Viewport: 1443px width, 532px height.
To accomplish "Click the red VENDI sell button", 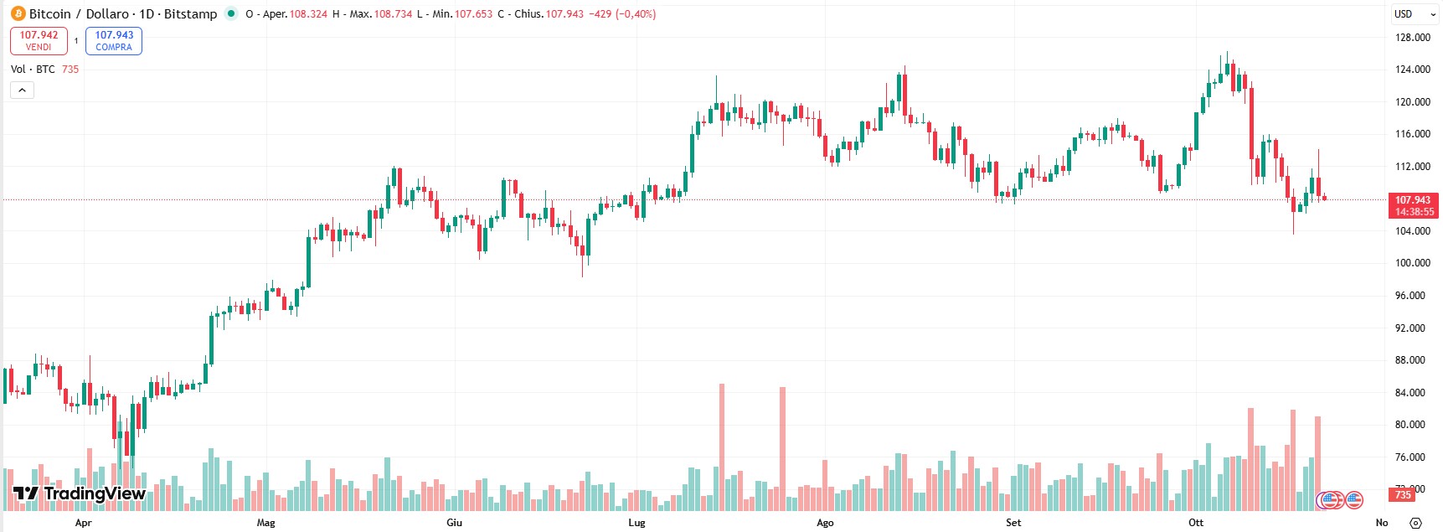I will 39,41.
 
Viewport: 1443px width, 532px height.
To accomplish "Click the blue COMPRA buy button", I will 114,41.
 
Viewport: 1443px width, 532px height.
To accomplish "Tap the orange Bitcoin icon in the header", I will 18,13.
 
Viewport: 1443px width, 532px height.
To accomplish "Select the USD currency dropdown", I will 1414,14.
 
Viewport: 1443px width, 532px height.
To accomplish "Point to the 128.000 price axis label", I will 1412,38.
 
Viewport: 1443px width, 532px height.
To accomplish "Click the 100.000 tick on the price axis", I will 1412,263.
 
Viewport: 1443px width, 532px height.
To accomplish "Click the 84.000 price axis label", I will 1412,393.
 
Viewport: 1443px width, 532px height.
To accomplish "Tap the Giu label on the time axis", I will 454,523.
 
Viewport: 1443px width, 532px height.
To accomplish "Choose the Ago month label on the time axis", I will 825,523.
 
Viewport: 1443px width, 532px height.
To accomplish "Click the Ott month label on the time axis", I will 1196,523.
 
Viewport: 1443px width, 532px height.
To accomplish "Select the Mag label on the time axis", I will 265,523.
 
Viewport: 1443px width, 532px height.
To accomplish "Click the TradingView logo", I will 80,493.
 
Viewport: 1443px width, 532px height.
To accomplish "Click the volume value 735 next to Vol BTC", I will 70,70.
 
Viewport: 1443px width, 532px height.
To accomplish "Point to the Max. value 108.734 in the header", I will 393,14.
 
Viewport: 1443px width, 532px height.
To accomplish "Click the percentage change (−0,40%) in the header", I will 635,14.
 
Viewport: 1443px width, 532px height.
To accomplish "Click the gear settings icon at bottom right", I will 1415,523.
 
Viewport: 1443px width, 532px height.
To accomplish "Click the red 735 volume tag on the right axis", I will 1403,495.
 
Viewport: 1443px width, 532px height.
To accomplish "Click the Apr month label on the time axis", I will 83,523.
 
